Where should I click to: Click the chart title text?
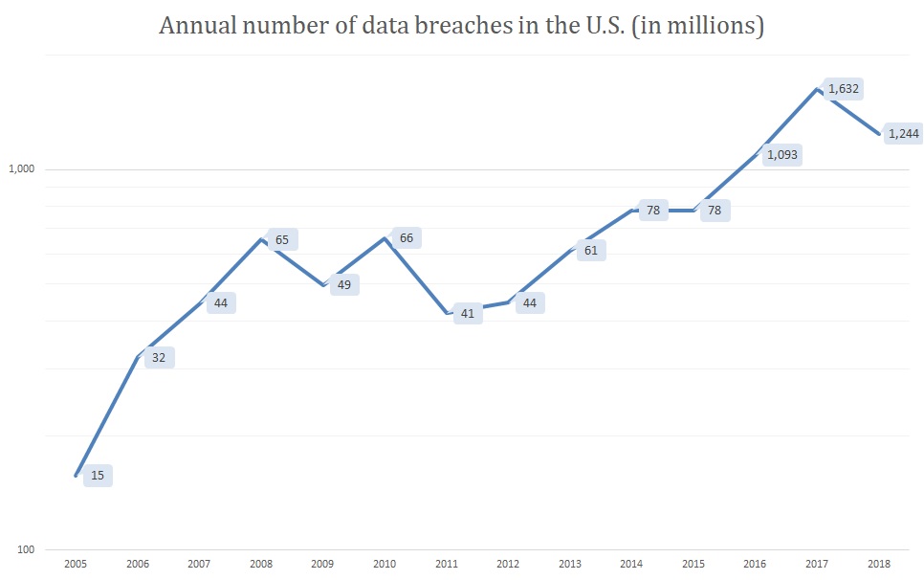tap(461, 26)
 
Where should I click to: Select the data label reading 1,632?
tap(844, 89)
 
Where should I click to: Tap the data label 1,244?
tap(903, 134)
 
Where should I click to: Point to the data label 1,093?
tap(781, 154)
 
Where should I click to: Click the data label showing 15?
tap(98, 475)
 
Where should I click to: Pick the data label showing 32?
tap(159, 358)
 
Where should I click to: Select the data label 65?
tap(281, 239)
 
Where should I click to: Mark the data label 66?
tap(406, 237)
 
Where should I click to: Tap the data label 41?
tap(468, 313)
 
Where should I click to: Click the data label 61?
tap(590, 251)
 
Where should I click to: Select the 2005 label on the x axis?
tap(76, 565)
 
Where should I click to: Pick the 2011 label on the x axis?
tap(446, 565)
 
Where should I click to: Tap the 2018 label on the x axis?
tap(878, 565)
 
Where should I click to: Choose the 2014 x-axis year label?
tap(631, 565)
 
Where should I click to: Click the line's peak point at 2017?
tap(817, 89)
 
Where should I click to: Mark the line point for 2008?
tap(261, 238)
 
